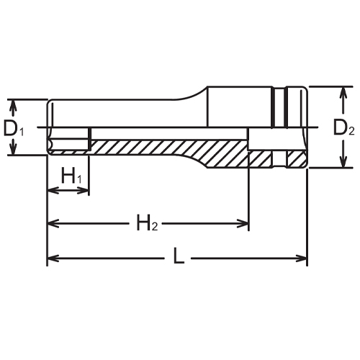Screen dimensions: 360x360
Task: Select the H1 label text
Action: (71, 175)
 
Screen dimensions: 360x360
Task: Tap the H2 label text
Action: (148, 223)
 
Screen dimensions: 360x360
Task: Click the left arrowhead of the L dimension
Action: (53, 258)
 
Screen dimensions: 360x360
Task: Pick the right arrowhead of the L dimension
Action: (302, 258)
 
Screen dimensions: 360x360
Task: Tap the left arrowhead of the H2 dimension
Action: (53, 224)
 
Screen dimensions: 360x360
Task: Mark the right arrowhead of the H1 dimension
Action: (84, 191)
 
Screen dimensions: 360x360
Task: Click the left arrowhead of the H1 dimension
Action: (53, 191)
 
